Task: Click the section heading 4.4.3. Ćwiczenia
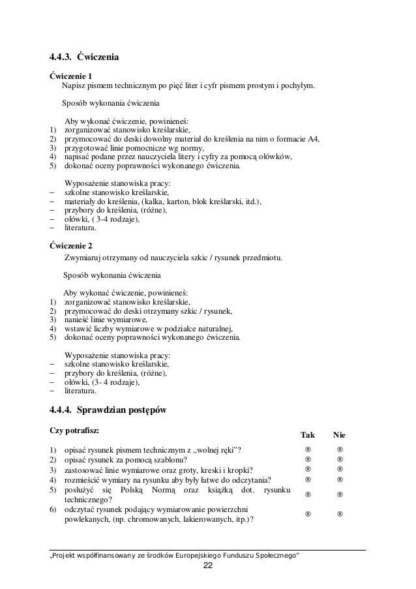84,56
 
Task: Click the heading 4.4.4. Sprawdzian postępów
108,410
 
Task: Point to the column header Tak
307,434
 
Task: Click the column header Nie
340,434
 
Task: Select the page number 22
207,565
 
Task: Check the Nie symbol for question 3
340,469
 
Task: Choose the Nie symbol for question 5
340,494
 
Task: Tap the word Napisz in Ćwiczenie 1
74,86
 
